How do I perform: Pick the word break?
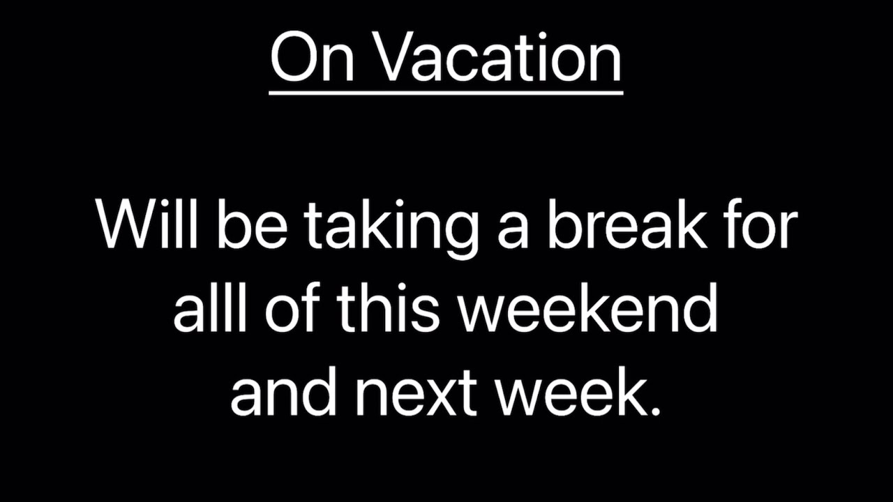(x=626, y=225)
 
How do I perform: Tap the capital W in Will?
(x=126, y=225)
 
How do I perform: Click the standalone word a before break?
(x=512, y=229)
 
